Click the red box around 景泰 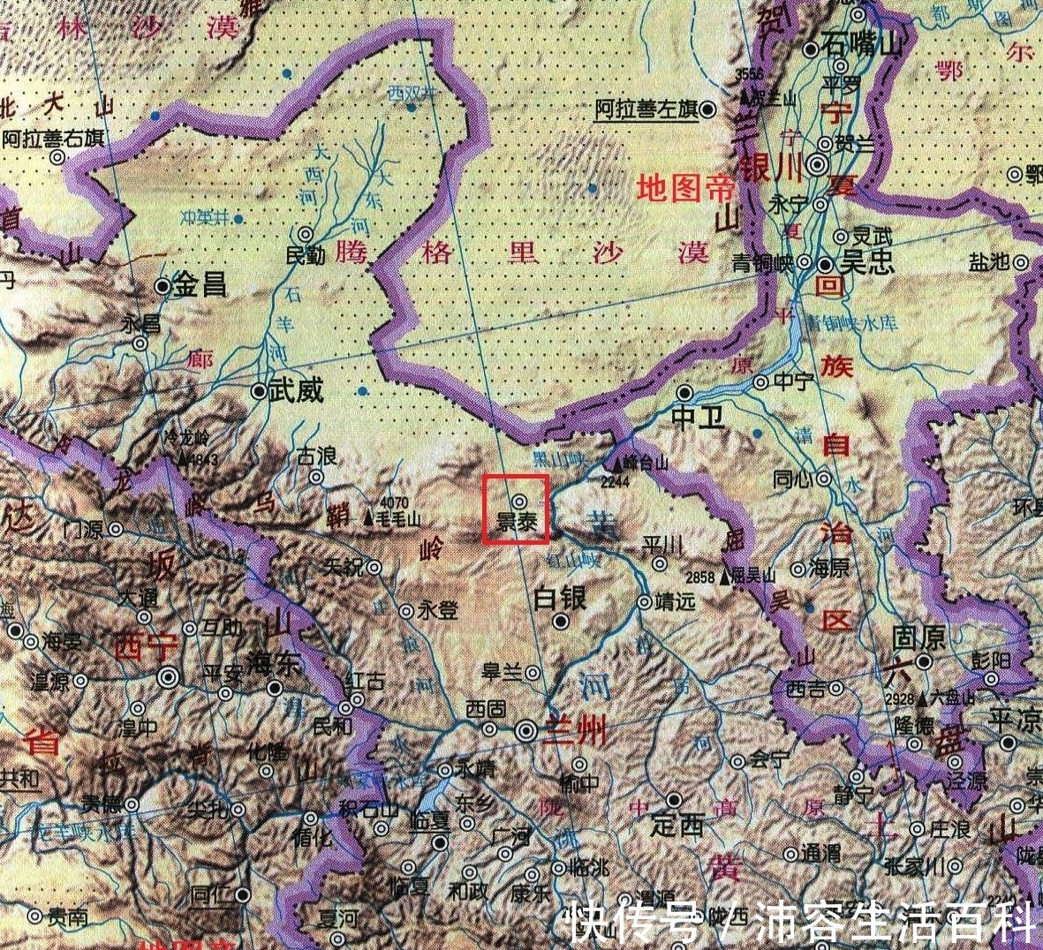516,509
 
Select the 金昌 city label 201,285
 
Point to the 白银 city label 560,599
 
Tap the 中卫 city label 697,417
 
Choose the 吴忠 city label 867,264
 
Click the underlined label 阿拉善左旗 646,109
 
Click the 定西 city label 676,826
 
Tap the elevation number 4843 203,459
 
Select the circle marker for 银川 820,164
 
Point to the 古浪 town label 316,456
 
